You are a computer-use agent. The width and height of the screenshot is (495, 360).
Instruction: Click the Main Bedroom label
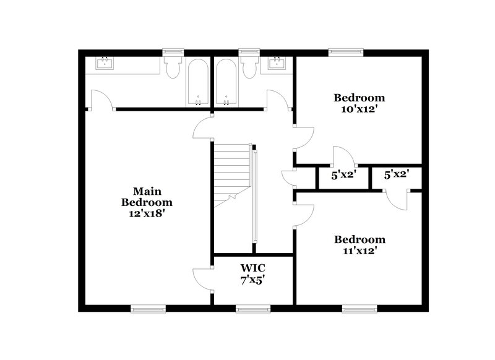tap(147, 196)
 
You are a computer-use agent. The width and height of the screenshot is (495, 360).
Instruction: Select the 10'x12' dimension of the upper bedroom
tap(359, 109)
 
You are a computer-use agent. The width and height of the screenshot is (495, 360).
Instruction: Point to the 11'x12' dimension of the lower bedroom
tap(359, 251)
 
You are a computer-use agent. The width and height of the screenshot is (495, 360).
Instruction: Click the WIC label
tap(253, 268)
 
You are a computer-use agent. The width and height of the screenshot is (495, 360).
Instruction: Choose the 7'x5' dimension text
tap(253, 279)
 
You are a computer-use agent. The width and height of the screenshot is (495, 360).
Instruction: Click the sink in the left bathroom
tap(104, 63)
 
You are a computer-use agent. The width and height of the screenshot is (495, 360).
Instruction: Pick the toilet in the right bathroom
tap(250, 67)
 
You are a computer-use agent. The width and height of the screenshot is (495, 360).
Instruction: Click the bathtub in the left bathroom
tap(199, 82)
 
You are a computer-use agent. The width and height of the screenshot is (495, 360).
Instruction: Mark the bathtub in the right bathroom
tap(225, 82)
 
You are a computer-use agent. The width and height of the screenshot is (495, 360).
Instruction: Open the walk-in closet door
tap(203, 279)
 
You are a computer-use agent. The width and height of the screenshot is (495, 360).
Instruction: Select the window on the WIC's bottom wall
tap(253, 308)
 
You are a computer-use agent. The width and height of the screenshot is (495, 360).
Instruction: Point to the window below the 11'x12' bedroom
tap(359, 308)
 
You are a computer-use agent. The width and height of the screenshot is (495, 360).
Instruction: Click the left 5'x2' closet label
tap(342, 175)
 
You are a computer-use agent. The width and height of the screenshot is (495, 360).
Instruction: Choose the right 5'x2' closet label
tap(395, 175)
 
